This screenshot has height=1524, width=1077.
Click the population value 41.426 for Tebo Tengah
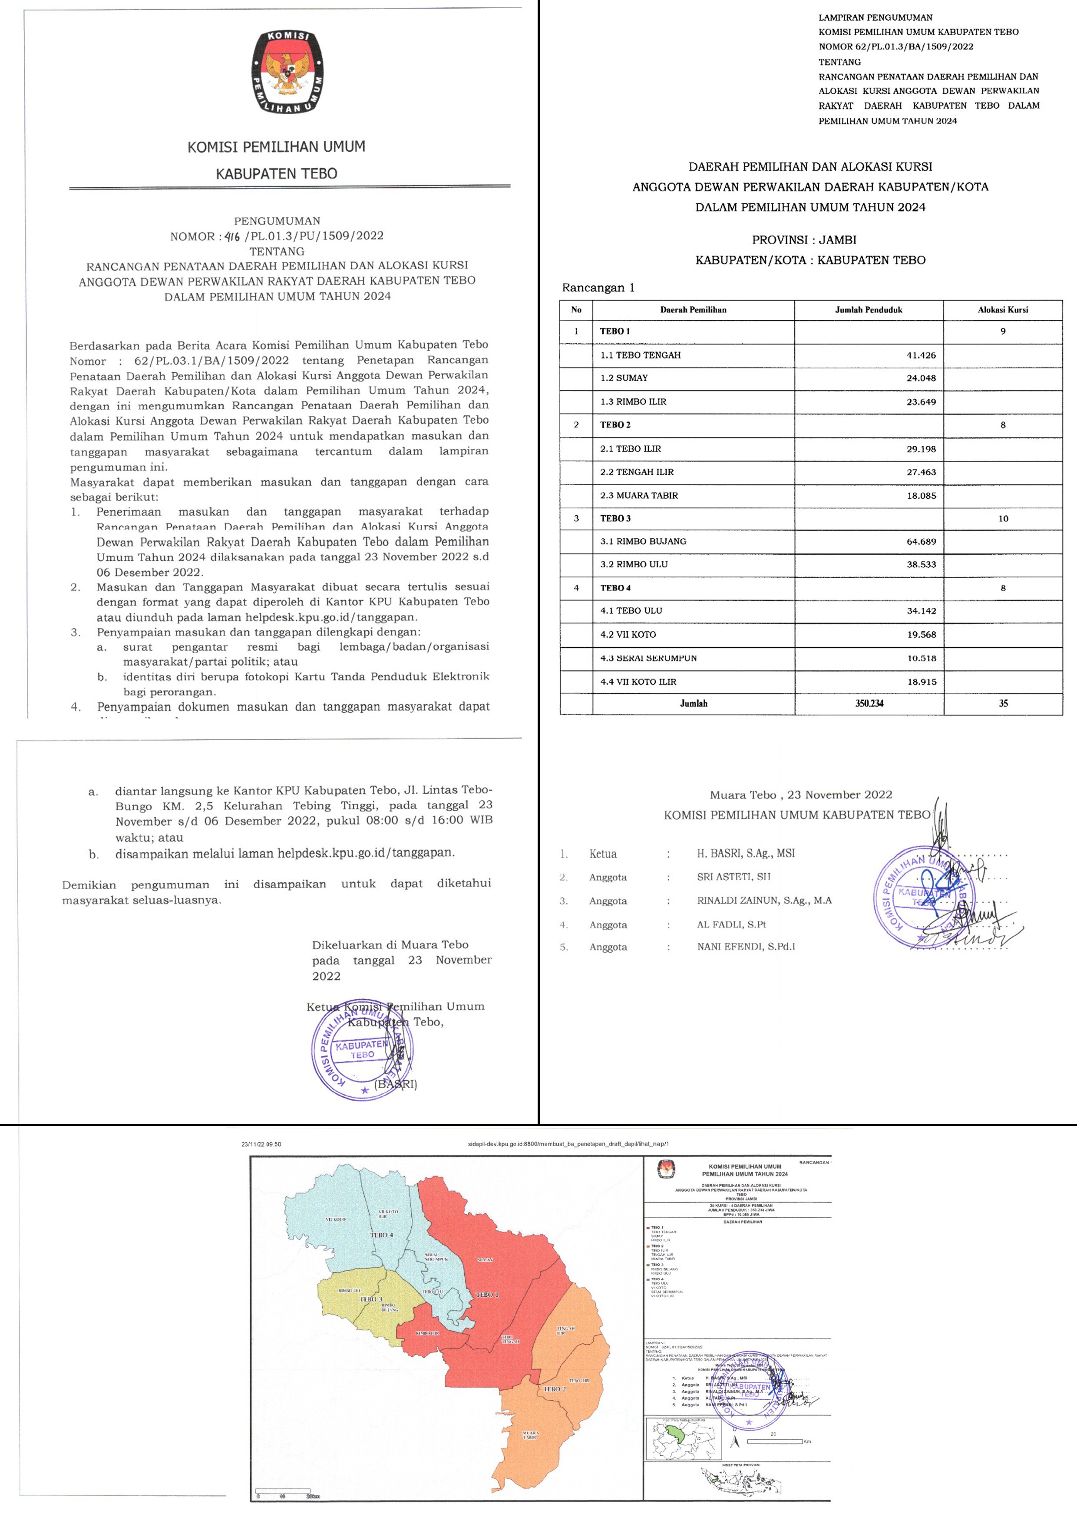921,355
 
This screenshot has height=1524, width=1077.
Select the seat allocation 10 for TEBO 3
1003,518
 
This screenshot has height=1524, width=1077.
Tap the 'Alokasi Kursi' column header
1003,309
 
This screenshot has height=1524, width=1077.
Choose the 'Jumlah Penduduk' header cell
868,309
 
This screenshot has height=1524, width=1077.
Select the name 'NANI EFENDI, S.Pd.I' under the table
746,947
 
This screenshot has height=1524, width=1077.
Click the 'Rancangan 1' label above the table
598,288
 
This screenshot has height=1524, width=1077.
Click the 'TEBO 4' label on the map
382,1235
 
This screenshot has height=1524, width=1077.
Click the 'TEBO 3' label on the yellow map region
372,1299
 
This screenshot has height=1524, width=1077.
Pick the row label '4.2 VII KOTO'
628,635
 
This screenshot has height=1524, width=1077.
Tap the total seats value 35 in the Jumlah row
1003,703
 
